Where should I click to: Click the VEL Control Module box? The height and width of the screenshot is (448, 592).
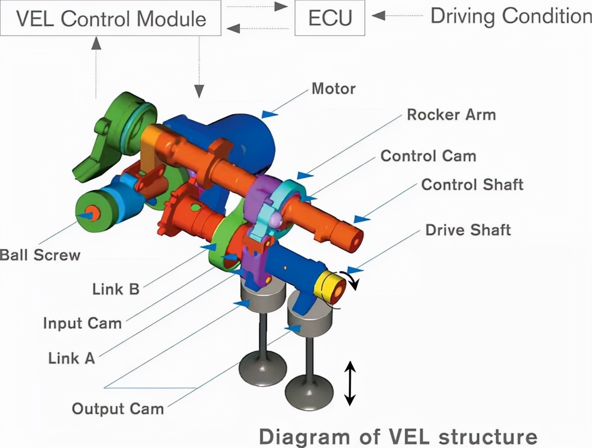pyautogui.click(x=111, y=18)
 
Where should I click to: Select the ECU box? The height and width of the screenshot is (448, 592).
pyautogui.click(x=330, y=18)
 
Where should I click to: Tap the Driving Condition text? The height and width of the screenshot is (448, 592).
pyautogui.click(x=511, y=16)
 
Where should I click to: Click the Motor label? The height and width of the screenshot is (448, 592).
pyautogui.click(x=333, y=89)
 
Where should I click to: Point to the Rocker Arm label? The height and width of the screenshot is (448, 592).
pyautogui.click(x=451, y=115)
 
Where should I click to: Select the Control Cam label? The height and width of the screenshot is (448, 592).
pyautogui.click(x=428, y=156)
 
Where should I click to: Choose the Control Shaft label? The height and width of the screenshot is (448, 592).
pyautogui.click(x=472, y=185)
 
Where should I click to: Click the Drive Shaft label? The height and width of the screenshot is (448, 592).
pyautogui.click(x=468, y=230)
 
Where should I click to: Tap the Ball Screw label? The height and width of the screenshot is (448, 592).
pyautogui.click(x=39, y=255)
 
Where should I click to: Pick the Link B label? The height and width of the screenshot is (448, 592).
pyautogui.click(x=116, y=289)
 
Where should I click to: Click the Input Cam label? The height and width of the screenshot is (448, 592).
pyautogui.click(x=82, y=324)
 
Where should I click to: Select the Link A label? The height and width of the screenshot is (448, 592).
pyautogui.click(x=72, y=358)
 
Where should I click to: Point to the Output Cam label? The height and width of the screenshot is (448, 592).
pyautogui.click(x=118, y=409)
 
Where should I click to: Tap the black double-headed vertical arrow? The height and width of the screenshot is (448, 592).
pyautogui.click(x=349, y=383)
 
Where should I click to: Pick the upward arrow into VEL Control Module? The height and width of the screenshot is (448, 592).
pyautogui.click(x=96, y=64)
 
